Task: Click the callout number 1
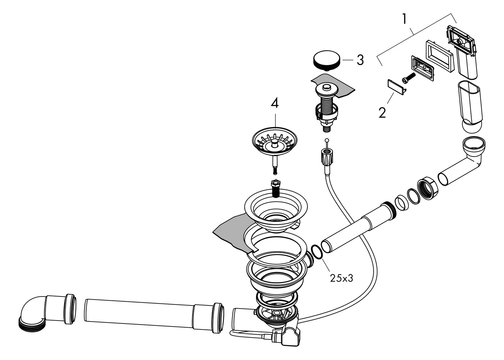coord(404,19)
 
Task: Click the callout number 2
coord(382,113)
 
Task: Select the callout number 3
coord(360,60)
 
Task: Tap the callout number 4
coord(274,103)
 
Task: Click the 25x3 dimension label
coord(341,278)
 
